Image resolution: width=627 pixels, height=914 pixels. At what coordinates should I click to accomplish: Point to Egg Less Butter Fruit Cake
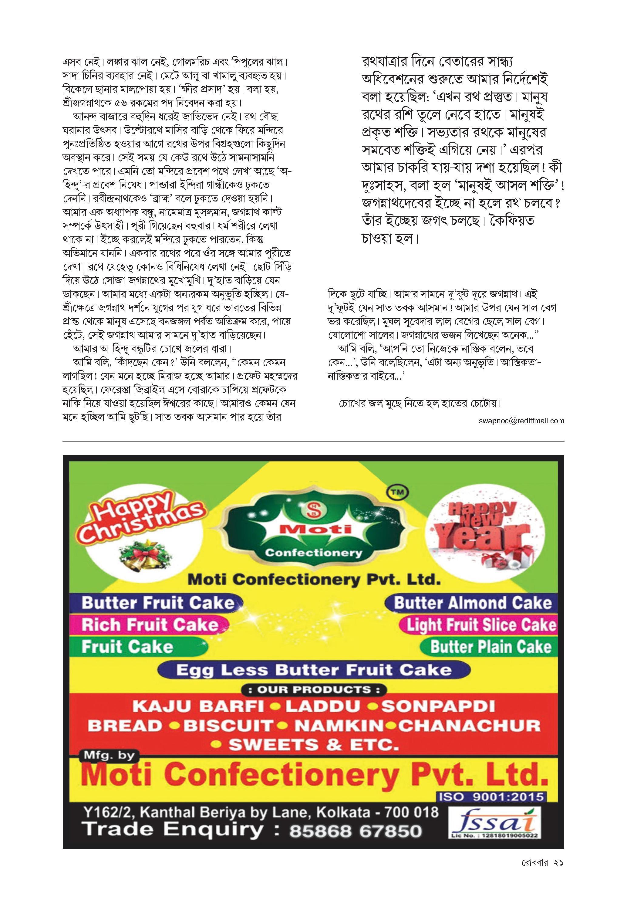(314, 669)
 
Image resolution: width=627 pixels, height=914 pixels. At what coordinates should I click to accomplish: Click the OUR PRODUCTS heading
(313, 689)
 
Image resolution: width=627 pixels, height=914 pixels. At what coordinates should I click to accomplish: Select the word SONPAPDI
(438, 706)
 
